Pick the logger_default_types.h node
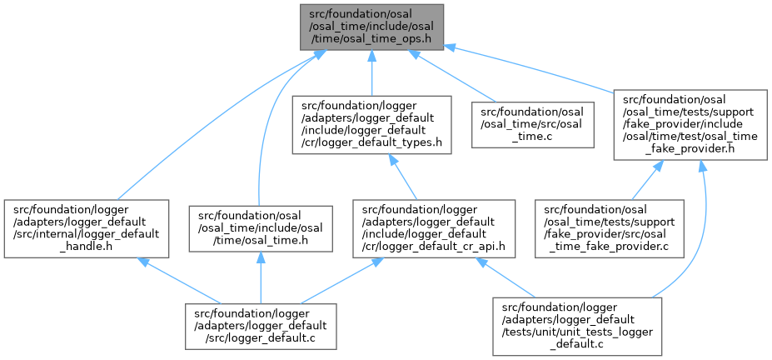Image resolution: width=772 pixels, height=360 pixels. click(371, 124)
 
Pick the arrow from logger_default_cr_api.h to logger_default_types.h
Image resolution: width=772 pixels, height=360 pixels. click(405, 175)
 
